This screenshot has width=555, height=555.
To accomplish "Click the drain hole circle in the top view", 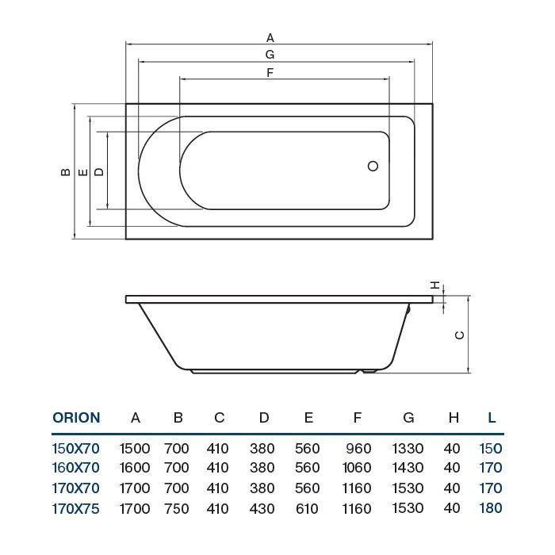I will pyautogui.click(x=373, y=167).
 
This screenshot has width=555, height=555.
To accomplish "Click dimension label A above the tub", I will pyautogui.click(x=270, y=37).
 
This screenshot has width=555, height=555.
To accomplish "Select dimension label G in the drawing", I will pyautogui.click(x=270, y=55).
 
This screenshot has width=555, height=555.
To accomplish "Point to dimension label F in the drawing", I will pyautogui.click(x=270, y=73).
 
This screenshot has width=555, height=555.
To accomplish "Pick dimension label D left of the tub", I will pyautogui.click(x=98, y=171).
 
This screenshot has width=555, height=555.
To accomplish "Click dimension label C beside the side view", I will pyautogui.click(x=459, y=335).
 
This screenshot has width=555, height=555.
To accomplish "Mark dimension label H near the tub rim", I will pyautogui.click(x=435, y=285).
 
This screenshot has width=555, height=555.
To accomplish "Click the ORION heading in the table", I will pyautogui.click(x=76, y=418).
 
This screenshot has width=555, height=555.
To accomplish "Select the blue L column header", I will pyautogui.click(x=492, y=418).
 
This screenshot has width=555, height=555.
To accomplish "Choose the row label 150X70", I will pyautogui.click(x=76, y=449).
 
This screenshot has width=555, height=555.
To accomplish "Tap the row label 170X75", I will pyautogui.click(x=76, y=508).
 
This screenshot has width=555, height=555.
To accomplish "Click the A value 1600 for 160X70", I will pyautogui.click(x=135, y=469).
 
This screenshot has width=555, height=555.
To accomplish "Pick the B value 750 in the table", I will pyautogui.click(x=177, y=508).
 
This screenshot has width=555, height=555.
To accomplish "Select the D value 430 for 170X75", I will pyautogui.click(x=262, y=508).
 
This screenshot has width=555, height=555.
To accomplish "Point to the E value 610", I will pyautogui.click(x=308, y=508).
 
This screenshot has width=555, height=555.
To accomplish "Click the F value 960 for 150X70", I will pyautogui.click(x=359, y=449).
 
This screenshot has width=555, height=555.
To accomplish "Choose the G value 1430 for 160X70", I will pyautogui.click(x=408, y=469).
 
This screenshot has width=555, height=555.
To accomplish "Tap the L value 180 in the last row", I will pyautogui.click(x=491, y=508).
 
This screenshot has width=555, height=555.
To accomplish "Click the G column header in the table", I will pyautogui.click(x=408, y=418).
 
